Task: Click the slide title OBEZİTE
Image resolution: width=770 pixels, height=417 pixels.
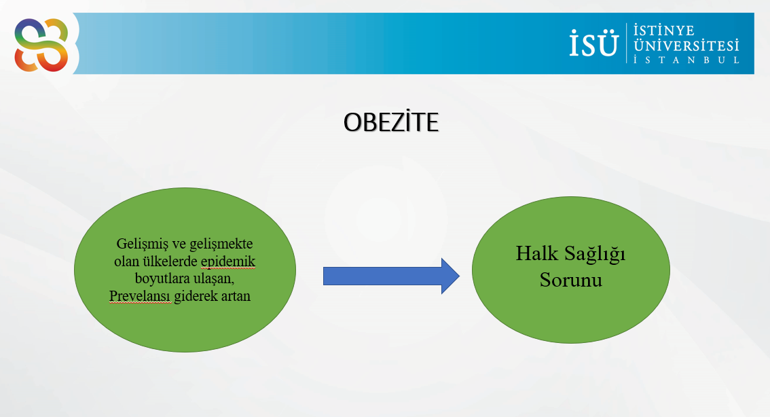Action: (391, 122)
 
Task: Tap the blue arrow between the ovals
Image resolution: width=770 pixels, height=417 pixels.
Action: (391, 276)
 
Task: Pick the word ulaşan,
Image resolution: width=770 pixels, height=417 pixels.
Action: (214, 279)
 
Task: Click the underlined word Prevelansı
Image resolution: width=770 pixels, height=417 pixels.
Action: (140, 296)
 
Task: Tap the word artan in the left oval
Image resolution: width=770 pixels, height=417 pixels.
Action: (236, 297)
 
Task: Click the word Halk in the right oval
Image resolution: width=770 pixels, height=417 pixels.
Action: (536, 253)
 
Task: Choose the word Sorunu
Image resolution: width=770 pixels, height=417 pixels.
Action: (570, 280)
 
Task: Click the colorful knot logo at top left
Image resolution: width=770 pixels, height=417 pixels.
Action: (41, 45)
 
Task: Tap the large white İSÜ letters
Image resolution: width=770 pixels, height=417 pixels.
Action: (593, 42)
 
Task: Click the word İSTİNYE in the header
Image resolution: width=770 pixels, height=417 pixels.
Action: (664, 31)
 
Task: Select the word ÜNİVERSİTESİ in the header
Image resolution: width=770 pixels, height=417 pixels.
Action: (686, 46)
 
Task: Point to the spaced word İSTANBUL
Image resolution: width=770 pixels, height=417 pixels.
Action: (686, 60)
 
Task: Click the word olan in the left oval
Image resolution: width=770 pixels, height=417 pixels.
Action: (127, 261)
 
